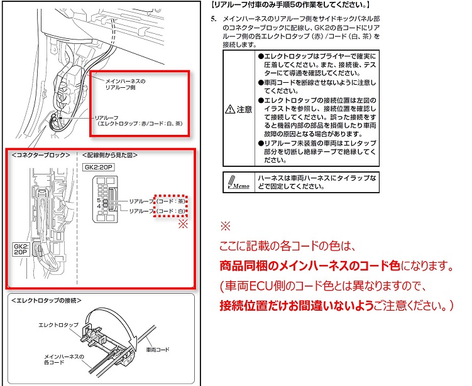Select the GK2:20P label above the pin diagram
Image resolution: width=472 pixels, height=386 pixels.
[x=98, y=168]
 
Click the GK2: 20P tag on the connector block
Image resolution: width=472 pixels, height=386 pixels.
[x=21, y=250]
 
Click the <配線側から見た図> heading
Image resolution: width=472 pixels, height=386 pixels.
[x=110, y=154]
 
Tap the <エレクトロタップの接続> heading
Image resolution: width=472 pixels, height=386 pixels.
[x=47, y=301]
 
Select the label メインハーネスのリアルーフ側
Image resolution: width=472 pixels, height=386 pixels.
[x=126, y=85]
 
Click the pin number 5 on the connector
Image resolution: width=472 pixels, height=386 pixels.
[x=99, y=200]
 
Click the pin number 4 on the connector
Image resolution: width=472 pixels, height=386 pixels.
[x=99, y=206]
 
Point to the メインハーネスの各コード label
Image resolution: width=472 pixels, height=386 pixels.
[x=64, y=360]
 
